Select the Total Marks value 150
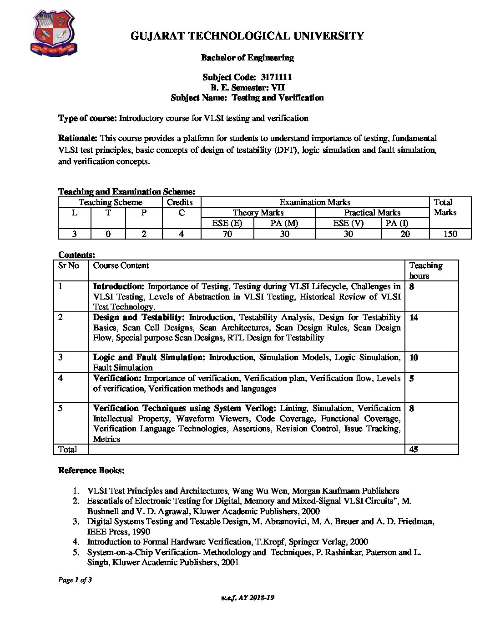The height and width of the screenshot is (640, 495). click(x=450, y=234)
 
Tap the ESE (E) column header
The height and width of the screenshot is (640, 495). click(x=227, y=223)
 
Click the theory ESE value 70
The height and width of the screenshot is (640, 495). click(x=227, y=234)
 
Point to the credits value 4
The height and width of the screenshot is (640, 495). click(x=181, y=234)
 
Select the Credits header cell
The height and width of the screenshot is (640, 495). click(x=180, y=202)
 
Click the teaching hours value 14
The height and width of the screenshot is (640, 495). click(x=414, y=318)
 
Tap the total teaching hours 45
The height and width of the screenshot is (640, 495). click(x=414, y=450)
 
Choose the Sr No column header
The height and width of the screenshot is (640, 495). click(x=69, y=265)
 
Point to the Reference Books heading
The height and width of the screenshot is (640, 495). click(x=91, y=470)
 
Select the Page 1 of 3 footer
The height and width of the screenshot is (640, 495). click(x=75, y=580)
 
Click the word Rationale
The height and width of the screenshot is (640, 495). click(x=77, y=138)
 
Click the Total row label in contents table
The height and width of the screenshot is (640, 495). click(x=68, y=450)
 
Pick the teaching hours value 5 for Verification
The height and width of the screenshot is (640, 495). click(x=412, y=379)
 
